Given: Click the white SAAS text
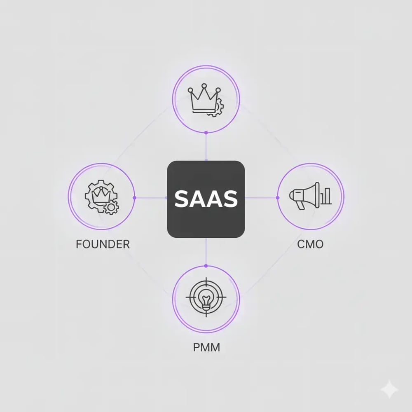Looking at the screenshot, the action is coord(206,199).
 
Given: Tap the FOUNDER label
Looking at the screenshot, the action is coord(103,244).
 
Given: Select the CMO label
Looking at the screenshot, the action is coord(310,244).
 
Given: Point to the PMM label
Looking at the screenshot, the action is coord(206,347).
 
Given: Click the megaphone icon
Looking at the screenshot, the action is coord(304,195).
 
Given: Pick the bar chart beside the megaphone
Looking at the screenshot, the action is coord(326,196).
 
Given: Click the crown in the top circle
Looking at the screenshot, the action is coord(204,98).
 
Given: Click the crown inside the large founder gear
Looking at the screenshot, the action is coord(101,195).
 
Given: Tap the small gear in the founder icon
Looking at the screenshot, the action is coord(111,207).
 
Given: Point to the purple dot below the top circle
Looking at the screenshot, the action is coord(206,133).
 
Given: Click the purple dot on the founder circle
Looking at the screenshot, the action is coord(134,198).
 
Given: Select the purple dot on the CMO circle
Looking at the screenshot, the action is coord(278,198).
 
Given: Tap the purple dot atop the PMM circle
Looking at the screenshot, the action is coord(206,266).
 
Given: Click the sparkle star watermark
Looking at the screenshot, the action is coord(389,389).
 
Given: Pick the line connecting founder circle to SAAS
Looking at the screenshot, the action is coord(151,198).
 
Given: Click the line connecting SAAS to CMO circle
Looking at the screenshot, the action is coord(261,198).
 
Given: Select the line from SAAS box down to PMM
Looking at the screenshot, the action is coord(206,252).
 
